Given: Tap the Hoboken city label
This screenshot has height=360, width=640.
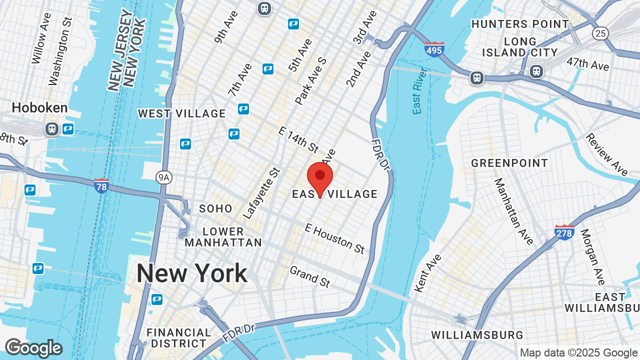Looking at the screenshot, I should click(x=39, y=107).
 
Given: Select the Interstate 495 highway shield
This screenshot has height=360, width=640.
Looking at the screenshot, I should click(x=434, y=49).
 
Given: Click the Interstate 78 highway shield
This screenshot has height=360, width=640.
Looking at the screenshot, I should click(x=101, y=186).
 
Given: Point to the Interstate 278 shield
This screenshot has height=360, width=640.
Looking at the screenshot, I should click(x=563, y=232).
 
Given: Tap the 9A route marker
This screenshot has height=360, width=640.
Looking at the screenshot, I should click(x=163, y=176).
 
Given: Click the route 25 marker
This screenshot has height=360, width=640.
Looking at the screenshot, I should click(x=600, y=33).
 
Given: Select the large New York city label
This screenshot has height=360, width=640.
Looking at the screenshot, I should click(x=191, y=273).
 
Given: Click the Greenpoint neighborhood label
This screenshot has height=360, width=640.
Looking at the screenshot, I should click(x=509, y=163).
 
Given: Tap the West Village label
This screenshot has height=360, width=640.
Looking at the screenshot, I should click(x=182, y=113).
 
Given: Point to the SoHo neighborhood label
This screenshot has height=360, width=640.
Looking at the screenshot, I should click(x=216, y=208).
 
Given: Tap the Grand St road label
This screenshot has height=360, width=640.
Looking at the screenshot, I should click(x=310, y=276).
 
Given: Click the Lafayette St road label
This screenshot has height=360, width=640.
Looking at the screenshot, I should click(x=260, y=193).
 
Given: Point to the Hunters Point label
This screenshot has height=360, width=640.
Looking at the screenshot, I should click(x=520, y=24).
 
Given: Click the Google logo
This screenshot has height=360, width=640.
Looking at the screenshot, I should click(x=33, y=348).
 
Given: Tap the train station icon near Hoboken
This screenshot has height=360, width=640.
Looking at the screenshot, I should click(x=52, y=129).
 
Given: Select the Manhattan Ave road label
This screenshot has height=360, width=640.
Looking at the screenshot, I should click(x=513, y=211).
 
